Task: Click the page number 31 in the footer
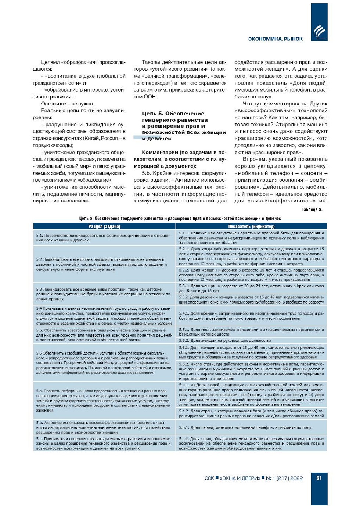[319, 478]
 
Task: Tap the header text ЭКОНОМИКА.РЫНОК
[275, 39]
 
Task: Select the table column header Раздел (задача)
[104, 226]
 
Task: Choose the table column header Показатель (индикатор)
[251, 226]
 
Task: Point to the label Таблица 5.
[312, 209]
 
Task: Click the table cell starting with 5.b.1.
[251, 427]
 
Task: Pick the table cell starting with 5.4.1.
[251, 316]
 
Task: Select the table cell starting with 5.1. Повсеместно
[104, 238]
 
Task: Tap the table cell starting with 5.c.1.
[251, 443]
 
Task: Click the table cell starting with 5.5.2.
[251, 340]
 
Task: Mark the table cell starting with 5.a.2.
[251, 413]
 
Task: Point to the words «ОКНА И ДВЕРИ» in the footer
[240, 478]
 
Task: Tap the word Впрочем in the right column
[253, 159]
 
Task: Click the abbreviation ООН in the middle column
[151, 97]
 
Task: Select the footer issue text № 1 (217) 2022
[284, 478]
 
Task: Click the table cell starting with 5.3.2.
[251, 300]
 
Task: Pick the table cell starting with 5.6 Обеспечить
[104, 362]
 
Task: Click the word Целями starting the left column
[50, 62]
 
